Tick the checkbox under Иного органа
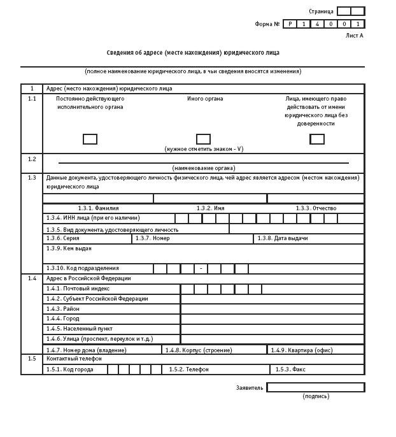click(x=203, y=139)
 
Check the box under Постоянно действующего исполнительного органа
click(x=90, y=139)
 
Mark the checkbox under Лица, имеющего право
click(x=317, y=139)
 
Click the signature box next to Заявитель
click(x=315, y=387)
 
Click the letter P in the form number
click(x=290, y=24)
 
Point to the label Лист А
click(x=354, y=36)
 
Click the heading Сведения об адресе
click(x=192, y=53)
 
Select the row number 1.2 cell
click(x=32, y=159)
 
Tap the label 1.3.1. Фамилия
click(x=98, y=208)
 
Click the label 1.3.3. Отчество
click(x=316, y=208)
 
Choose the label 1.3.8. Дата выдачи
click(x=283, y=238)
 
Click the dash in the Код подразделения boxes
click(x=201, y=268)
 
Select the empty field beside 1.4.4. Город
click(x=272, y=319)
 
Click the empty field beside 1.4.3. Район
click(x=272, y=309)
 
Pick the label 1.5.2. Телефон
click(x=188, y=369)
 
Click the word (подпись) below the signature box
click(x=316, y=396)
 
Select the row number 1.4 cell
click(x=32, y=278)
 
